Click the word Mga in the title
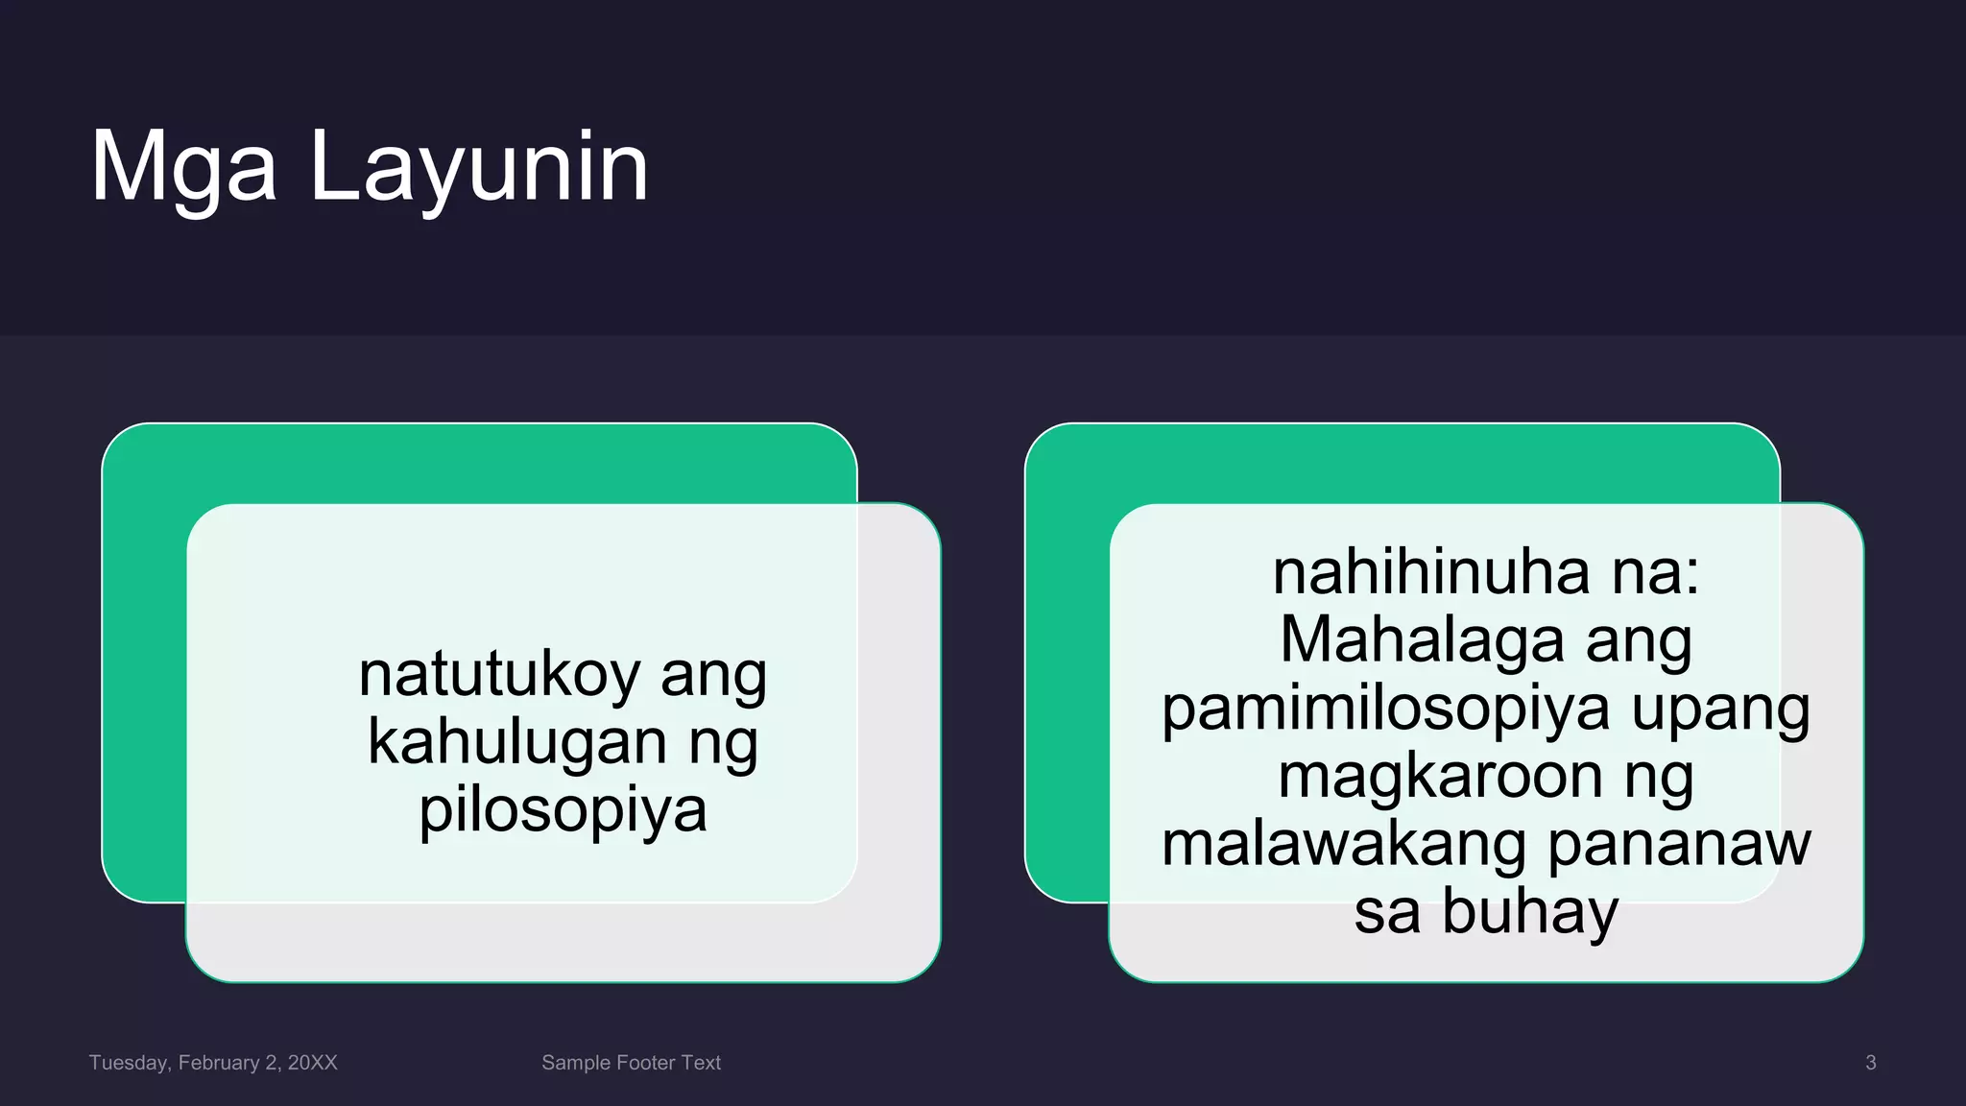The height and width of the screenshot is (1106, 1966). coord(183,168)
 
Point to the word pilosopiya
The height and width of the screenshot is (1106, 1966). coord(563,809)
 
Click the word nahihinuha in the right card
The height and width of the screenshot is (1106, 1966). coord(1431,572)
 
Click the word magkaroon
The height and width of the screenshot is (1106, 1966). coord(1440,776)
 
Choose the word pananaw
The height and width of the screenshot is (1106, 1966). coord(1679,845)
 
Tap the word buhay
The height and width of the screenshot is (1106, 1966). coord(1530,912)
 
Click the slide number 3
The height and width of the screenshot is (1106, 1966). coord(1870,1063)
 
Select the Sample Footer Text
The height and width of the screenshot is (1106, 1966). coord(631,1063)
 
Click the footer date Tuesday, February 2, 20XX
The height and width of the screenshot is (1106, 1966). coord(213,1063)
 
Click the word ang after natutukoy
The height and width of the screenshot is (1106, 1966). coord(713,676)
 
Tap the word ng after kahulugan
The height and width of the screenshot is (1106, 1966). coord(723,744)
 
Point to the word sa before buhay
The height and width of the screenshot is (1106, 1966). coord(1386,912)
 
